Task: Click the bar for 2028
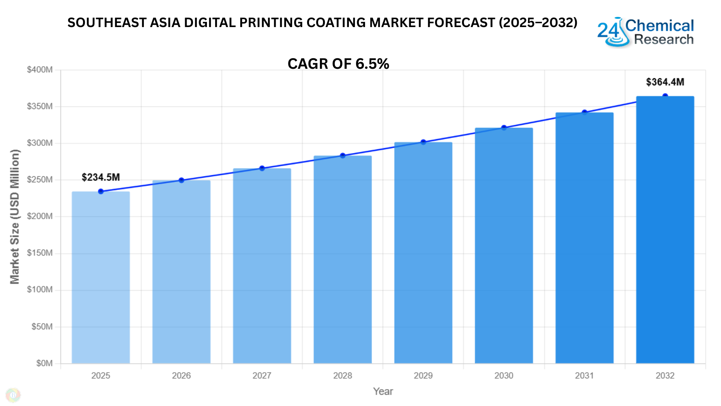[x=342, y=259]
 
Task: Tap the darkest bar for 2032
[x=665, y=230]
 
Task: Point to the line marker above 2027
[x=262, y=168]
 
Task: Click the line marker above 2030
[x=504, y=128]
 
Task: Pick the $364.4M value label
[x=665, y=82]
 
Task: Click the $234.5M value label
[x=101, y=177]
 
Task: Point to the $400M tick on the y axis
[x=40, y=70]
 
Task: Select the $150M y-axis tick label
[x=40, y=253]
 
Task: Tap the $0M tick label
[x=44, y=363]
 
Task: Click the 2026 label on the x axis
[x=181, y=376]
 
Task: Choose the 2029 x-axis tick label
[x=423, y=376]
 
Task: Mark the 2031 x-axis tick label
[x=584, y=376]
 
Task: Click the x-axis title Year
[x=383, y=391]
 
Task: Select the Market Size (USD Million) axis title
[x=15, y=217]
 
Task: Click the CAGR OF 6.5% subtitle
[x=338, y=64]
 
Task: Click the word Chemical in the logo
[x=659, y=26]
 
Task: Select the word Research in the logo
[x=664, y=39]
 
